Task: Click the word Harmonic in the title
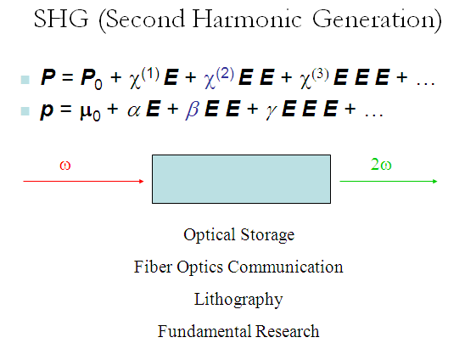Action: tap(247, 19)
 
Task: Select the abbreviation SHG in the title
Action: tap(61, 19)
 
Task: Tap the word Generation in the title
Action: tap(373, 19)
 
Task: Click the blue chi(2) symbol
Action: tap(219, 78)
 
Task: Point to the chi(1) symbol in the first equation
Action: tap(144, 78)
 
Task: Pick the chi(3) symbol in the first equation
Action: tap(314, 78)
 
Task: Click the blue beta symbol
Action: tap(192, 110)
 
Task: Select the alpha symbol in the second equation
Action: tap(134, 110)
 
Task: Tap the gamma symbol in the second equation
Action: tap(272, 111)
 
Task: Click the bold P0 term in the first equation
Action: tap(92, 78)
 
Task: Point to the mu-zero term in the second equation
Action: tap(90, 111)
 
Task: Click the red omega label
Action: tap(65, 165)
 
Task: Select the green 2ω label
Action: tap(381, 164)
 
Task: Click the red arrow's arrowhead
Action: tap(142, 181)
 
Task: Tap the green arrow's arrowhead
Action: tap(435, 181)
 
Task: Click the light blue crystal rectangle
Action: tap(241, 179)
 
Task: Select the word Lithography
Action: tap(238, 299)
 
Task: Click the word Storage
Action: tap(267, 235)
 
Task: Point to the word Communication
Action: tap(285, 267)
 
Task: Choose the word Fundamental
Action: tap(204, 331)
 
